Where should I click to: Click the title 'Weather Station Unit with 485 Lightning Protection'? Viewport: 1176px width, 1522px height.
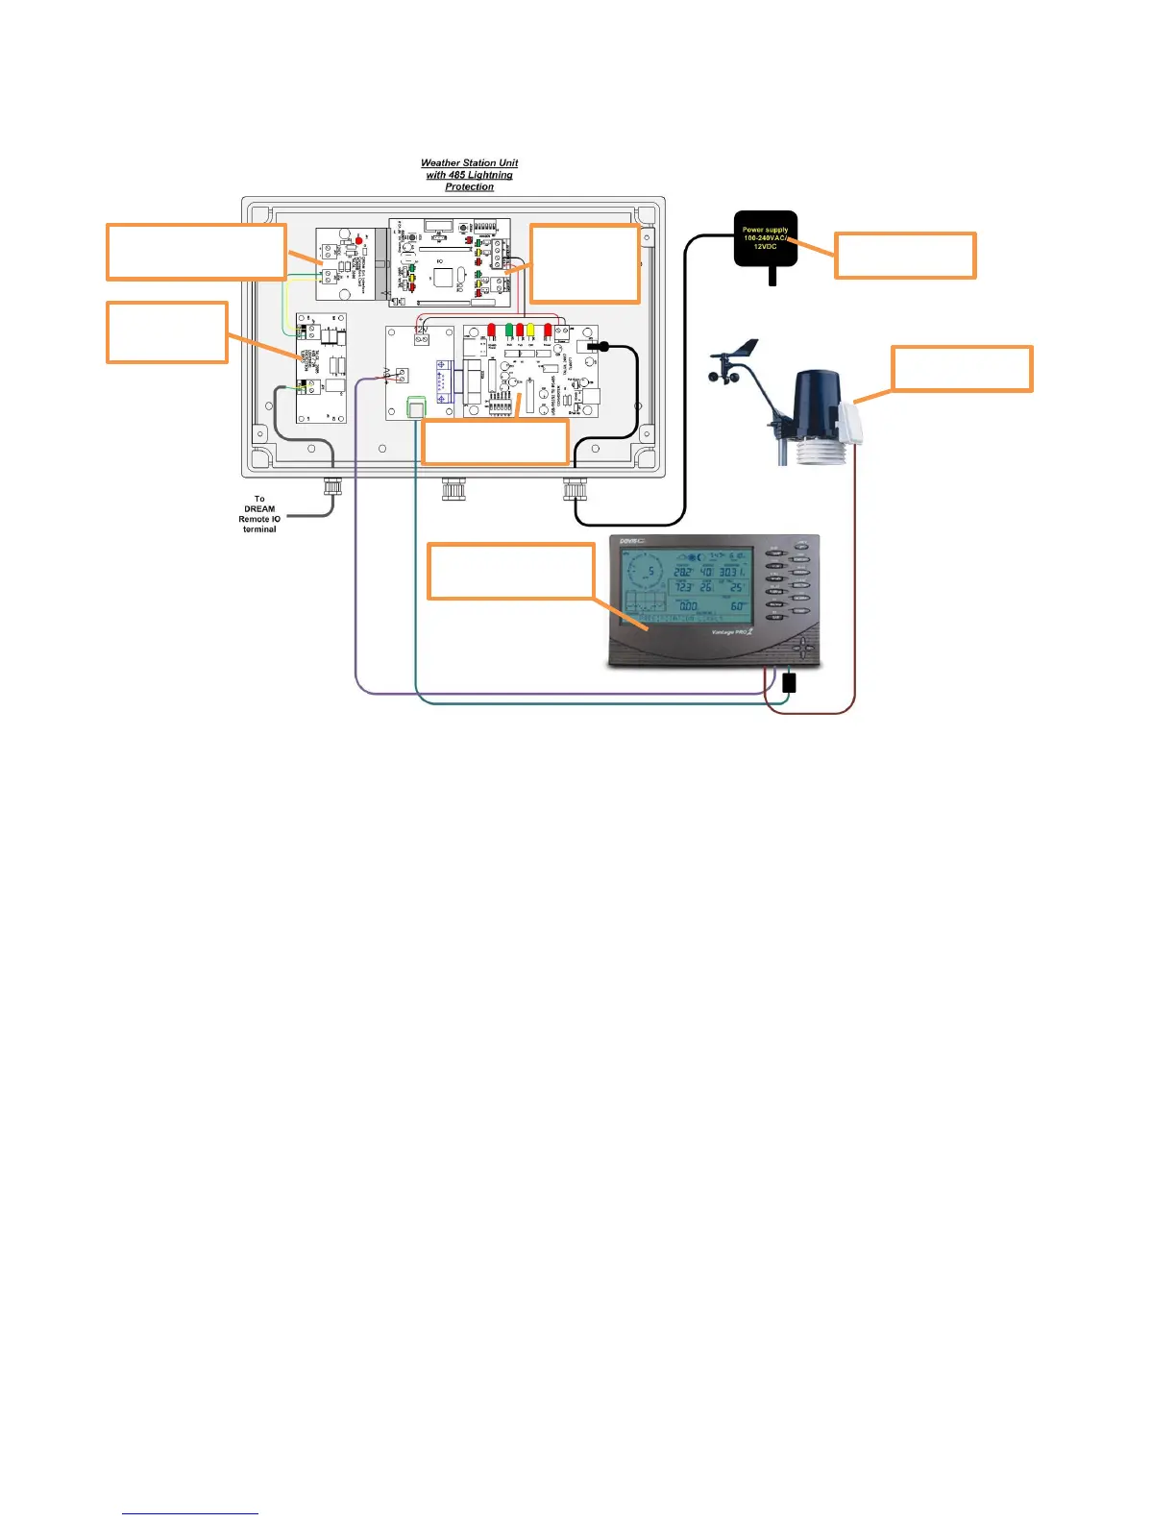tap(469, 175)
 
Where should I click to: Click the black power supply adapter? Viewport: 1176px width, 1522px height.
tap(765, 239)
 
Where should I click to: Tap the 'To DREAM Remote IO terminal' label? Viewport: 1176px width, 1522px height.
tap(259, 514)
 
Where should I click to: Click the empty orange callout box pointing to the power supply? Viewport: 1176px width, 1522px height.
tap(905, 256)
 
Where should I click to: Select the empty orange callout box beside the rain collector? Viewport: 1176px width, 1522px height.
tap(962, 369)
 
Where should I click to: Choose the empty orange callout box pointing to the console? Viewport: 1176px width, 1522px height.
tap(509, 572)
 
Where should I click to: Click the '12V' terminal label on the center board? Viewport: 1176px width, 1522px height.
tap(421, 330)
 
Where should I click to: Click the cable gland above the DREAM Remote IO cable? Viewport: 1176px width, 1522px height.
tap(332, 486)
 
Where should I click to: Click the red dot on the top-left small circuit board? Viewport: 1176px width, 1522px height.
tap(359, 239)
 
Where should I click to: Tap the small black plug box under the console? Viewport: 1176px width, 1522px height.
tap(789, 683)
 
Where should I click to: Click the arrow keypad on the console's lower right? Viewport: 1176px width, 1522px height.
tap(807, 649)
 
